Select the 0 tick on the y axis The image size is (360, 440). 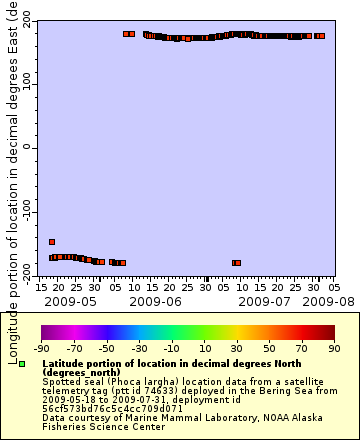pyautogui.click(x=30, y=147)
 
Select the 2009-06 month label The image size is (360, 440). pyautogui.click(x=155, y=299)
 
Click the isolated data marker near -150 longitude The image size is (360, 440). pyautogui.click(x=52, y=242)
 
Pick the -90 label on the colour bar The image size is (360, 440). pyautogui.click(x=42, y=349)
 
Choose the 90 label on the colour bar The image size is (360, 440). pyautogui.click(x=332, y=349)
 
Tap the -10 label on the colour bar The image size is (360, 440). pyautogui.click(x=171, y=349)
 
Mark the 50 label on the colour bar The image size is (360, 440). pyautogui.click(x=268, y=349)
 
